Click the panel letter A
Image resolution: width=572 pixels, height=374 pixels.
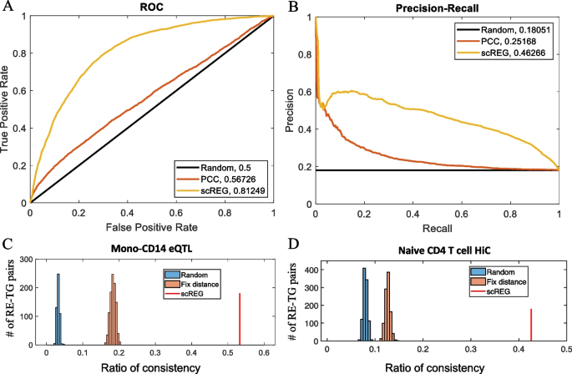click(x=8, y=8)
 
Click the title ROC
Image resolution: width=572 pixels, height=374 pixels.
click(x=152, y=8)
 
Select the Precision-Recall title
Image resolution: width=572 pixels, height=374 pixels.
click(x=437, y=8)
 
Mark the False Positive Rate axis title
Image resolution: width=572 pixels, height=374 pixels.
click(x=151, y=226)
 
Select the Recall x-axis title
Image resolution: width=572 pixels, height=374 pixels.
click(x=437, y=226)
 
